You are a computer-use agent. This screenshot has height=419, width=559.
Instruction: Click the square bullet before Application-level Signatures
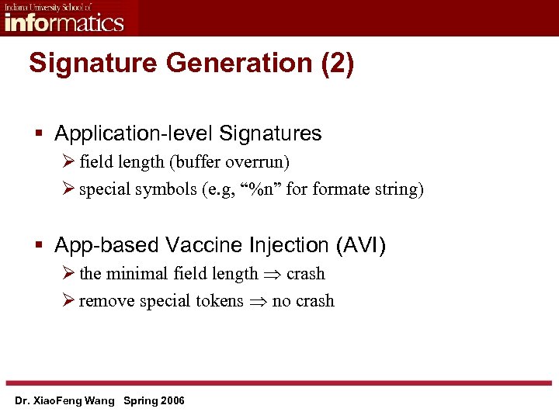(40, 134)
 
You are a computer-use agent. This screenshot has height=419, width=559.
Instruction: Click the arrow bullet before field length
(68, 162)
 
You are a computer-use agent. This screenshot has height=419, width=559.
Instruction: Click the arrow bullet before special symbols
(68, 189)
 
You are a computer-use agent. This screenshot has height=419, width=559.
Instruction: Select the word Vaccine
(210, 245)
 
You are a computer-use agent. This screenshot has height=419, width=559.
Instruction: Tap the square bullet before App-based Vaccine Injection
(40, 246)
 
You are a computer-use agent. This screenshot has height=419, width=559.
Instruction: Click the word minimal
(137, 274)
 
